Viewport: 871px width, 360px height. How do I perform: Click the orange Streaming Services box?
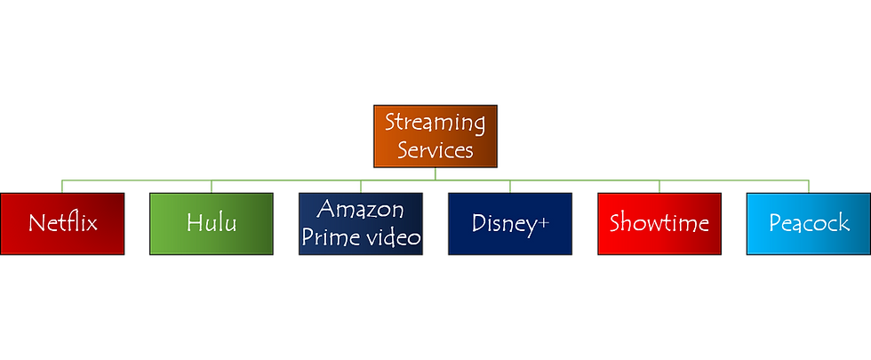click(x=435, y=137)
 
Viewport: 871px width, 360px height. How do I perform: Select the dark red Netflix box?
click(x=62, y=223)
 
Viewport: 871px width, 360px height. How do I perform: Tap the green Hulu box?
click(x=211, y=223)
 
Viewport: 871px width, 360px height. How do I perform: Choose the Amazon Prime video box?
click(x=360, y=223)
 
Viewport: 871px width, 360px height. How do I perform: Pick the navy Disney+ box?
click(x=509, y=223)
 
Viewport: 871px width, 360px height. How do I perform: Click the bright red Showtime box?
click(x=659, y=223)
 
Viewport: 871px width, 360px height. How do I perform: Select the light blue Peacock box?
click(x=808, y=223)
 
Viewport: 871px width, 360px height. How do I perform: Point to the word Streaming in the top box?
click(x=435, y=123)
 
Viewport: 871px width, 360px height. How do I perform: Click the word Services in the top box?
click(x=435, y=150)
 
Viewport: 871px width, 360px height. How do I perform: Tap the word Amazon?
click(x=360, y=210)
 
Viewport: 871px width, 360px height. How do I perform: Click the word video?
click(x=389, y=237)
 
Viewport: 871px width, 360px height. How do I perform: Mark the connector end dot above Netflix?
click(x=62, y=188)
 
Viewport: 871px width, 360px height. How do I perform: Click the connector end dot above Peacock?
click(x=808, y=188)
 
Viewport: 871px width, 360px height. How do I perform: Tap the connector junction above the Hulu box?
click(x=211, y=187)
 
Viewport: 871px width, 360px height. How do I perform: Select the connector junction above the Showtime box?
click(x=659, y=187)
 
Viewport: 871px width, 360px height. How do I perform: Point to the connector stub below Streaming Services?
click(x=435, y=172)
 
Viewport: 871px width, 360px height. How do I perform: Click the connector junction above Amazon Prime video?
click(x=360, y=187)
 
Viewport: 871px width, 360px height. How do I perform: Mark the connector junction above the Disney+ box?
click(x=509, y=187)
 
